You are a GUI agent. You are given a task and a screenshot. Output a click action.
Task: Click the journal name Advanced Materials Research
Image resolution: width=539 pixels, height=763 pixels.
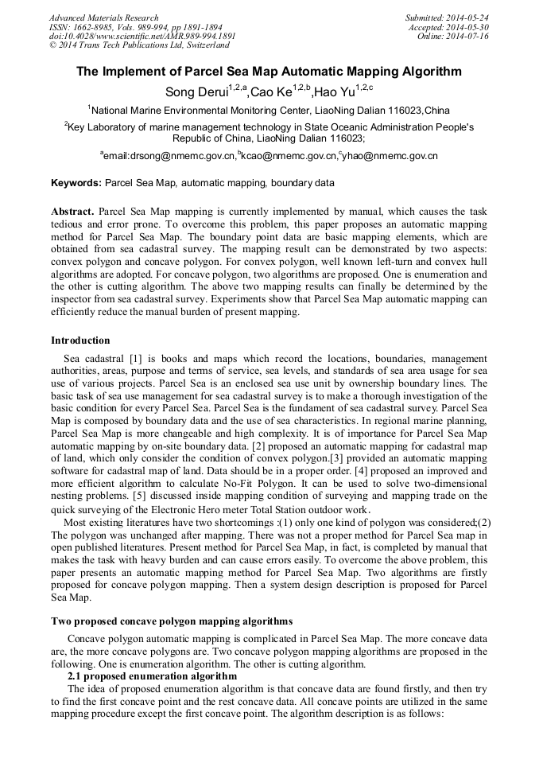tap(103, 18)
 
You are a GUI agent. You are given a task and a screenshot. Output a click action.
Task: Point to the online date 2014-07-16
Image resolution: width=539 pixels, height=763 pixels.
tap(467, 37)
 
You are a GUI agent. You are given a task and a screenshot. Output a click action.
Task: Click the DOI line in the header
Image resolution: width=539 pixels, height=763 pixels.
tap(142, 37)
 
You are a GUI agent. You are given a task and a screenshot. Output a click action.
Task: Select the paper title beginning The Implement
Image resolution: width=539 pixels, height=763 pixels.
tap(269, 72)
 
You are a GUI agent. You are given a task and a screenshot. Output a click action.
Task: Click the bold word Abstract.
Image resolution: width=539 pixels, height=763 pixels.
tap(72, 212)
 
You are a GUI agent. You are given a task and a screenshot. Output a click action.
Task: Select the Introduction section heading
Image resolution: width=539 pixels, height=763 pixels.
tap(80, 341)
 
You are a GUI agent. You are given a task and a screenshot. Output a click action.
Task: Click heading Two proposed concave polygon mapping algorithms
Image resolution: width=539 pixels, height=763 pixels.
tap(172, 621)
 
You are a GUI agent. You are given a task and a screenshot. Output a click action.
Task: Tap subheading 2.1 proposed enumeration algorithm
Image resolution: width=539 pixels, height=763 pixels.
tap(152, 676)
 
